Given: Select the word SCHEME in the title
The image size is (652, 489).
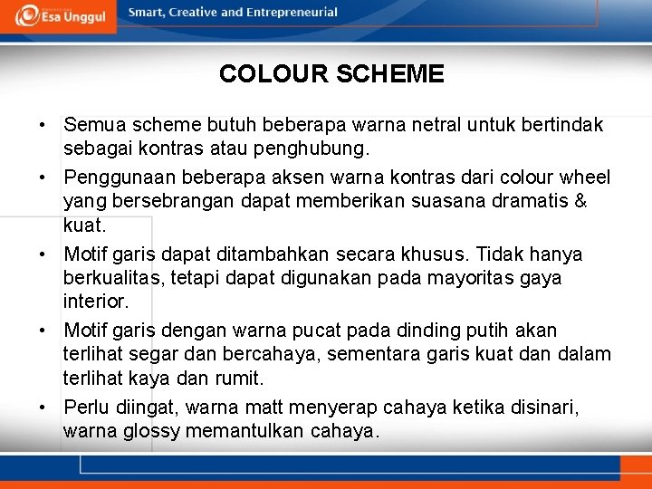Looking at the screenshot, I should tap(390, 74).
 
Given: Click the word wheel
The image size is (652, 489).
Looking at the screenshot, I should tap(585, 177).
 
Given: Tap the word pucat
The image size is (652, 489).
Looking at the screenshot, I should tap(343, 331).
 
